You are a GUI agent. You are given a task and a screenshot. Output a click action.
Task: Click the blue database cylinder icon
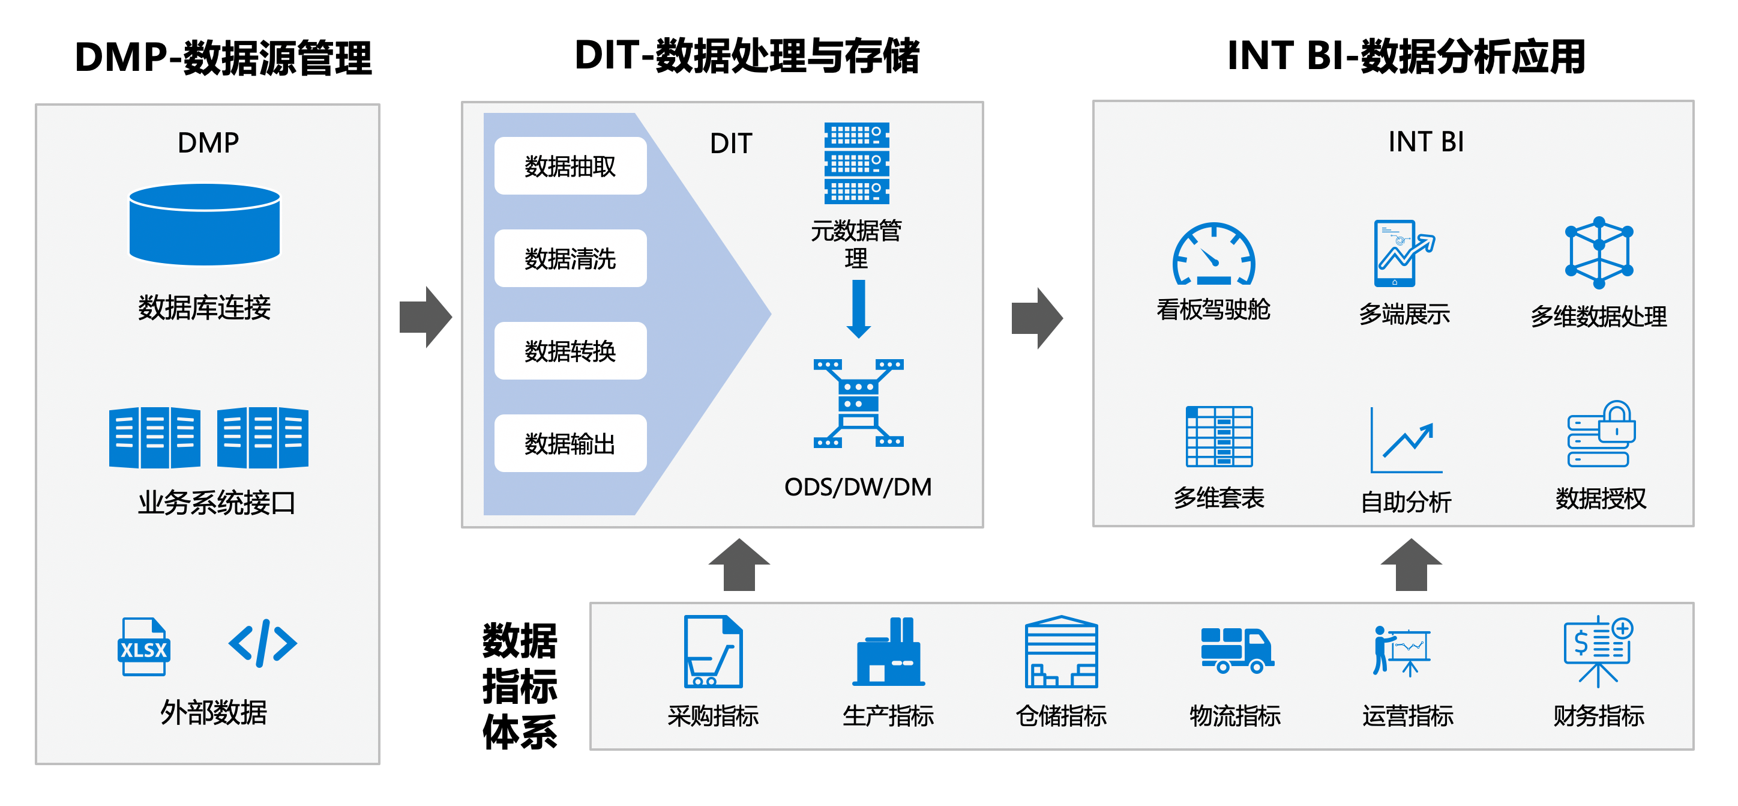(x=205, y=224)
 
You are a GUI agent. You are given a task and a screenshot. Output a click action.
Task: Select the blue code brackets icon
(x=262, y=643)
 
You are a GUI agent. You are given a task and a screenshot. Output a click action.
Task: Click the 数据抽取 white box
(x=570, y=166)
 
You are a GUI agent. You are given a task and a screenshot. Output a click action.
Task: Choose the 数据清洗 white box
(x=570, y=258)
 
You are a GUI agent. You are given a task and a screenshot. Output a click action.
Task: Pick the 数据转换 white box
(x=570, y=351)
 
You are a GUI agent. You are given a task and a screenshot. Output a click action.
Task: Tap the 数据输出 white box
(x=570, y=443)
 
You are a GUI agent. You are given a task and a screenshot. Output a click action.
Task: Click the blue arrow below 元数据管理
(x=858, y=309)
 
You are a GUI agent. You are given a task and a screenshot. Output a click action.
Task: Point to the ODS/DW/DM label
(x=858, y=486)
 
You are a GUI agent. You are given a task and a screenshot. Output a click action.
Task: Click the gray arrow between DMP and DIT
(x=425, y=317)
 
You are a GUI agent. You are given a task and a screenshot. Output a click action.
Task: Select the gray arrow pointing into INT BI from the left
(x=1037, y=318)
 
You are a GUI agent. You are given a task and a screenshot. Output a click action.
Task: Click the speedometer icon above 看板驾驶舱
(x=1213, y=255)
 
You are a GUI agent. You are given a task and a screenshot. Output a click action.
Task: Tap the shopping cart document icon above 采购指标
(x=713, y=652)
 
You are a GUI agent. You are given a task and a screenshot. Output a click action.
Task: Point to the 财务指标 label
(x=1598, y=715)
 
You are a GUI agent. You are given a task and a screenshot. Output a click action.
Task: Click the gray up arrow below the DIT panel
(x=739, y=565)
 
